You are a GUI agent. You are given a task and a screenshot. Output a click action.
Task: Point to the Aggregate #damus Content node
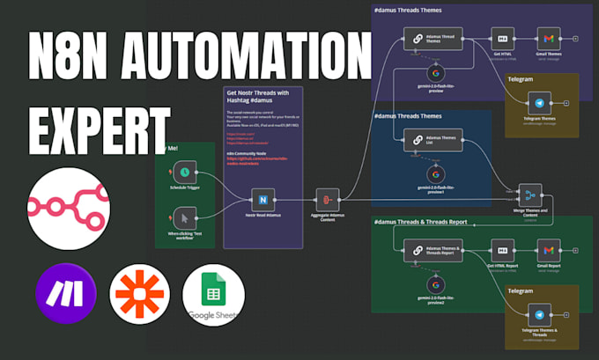tap(326, 200)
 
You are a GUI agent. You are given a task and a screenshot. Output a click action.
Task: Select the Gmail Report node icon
tap(549, 250)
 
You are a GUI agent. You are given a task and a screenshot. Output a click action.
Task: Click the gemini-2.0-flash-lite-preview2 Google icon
tap(434, 284)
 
